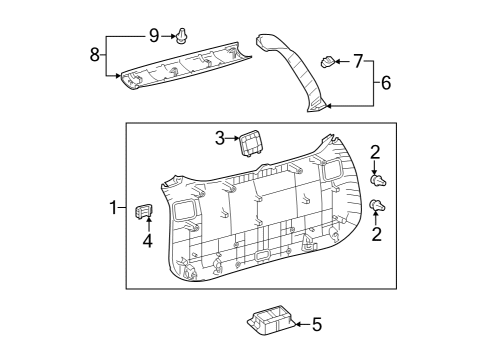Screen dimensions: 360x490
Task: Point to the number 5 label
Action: tap(317, 324)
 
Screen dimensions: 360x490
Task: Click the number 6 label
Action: tap(386, 83)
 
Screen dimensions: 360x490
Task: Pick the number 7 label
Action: tap(359, 62)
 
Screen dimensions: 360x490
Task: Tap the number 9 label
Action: tap(154, 36)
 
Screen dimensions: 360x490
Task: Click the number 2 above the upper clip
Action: tap(375, 153)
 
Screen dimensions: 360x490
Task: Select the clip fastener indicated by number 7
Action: tap(327, 62)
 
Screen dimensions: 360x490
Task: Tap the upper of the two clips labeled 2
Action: tap(378, 181)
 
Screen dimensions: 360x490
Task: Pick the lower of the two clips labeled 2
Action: tap(377, 206)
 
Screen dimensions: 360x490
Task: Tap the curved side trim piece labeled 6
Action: tap(300, 70)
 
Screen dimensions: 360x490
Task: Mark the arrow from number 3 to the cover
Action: tap(233, 138)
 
